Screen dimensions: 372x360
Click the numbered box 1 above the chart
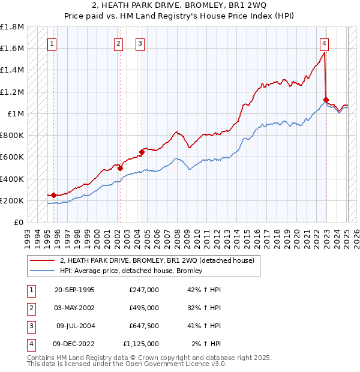click(x=52, y=43)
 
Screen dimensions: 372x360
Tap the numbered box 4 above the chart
click(x=324, y=43)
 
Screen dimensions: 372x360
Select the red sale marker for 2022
click(x=326, y=100)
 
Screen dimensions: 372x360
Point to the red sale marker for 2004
click(x=142, y=152)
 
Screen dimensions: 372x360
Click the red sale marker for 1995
click(x=53, y=195)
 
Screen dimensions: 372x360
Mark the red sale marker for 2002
click(x=120, y=169)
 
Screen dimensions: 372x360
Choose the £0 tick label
click(x=19, y=222)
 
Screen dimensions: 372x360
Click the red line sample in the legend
click(x=42, y=260)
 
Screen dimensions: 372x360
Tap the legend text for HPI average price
click(x=131, y=271)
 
